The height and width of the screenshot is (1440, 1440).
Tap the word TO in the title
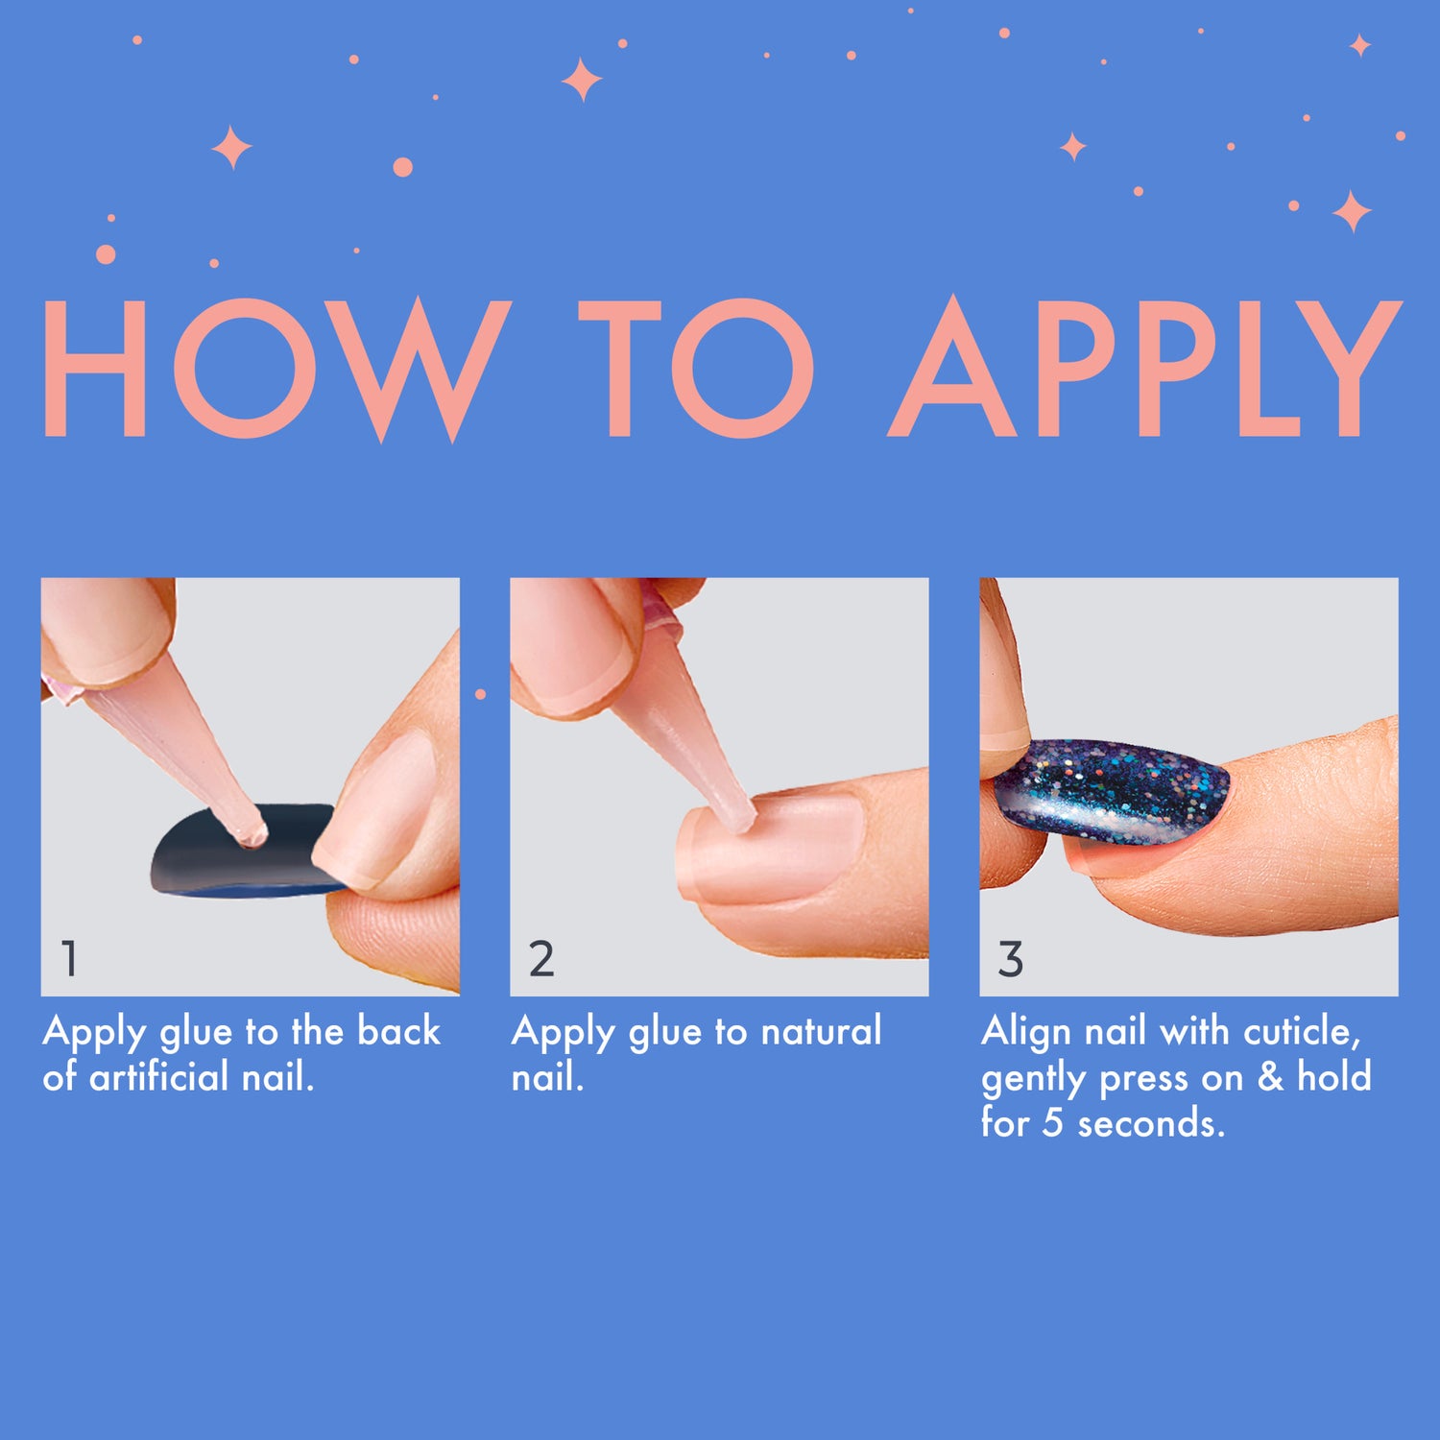(696, 370)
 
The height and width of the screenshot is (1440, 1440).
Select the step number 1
(69, 958)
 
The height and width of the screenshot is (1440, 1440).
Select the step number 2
(541, 958)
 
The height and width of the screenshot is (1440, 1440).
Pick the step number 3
(1010, 958)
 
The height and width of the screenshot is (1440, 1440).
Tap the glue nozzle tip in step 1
(252, 833)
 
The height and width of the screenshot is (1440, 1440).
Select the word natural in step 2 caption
(821, 1031)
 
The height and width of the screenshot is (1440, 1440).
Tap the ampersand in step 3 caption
(1270, 1077)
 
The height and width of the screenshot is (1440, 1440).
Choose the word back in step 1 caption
(399, 1031)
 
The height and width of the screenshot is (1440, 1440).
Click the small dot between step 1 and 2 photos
(480, 694)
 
